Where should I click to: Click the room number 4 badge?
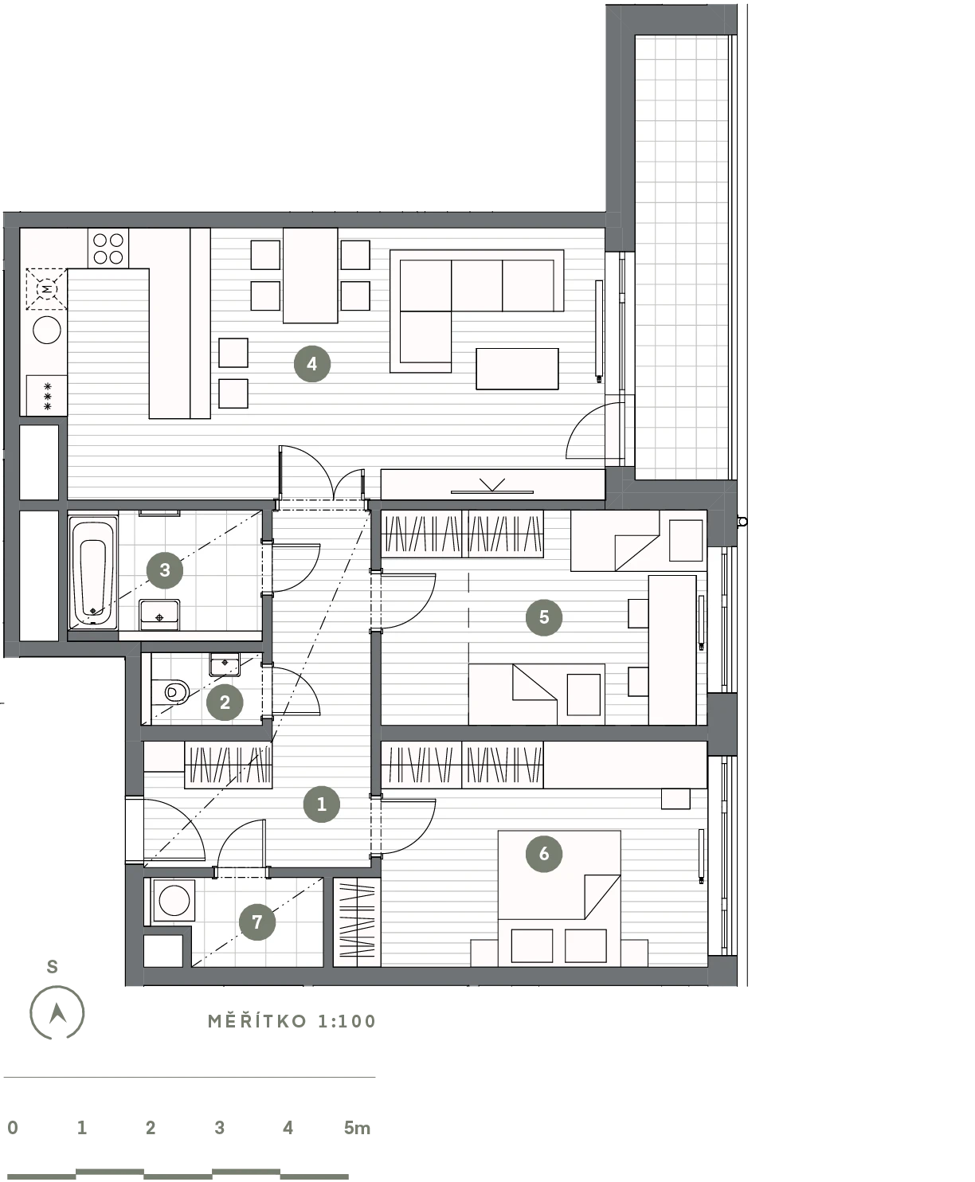(312, 363)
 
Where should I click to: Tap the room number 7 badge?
(257, 922)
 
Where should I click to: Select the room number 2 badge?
(225, 702)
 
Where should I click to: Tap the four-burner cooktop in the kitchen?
(108, 249)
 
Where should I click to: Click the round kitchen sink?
(46, 330)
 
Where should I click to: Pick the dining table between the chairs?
(311, 275)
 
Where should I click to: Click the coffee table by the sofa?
(517, 369)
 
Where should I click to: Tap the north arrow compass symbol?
(57, 1012)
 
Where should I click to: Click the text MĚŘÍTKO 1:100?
(292, 1021)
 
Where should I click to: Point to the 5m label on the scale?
(357, 1128)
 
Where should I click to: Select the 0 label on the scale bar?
(13, 1128)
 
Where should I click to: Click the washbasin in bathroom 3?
(159, 615)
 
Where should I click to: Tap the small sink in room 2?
(225, 664)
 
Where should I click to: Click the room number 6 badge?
(544, 853)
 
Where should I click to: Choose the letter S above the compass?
(52, 966)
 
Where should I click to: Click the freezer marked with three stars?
(46, 396)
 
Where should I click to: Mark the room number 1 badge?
(322, 804)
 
